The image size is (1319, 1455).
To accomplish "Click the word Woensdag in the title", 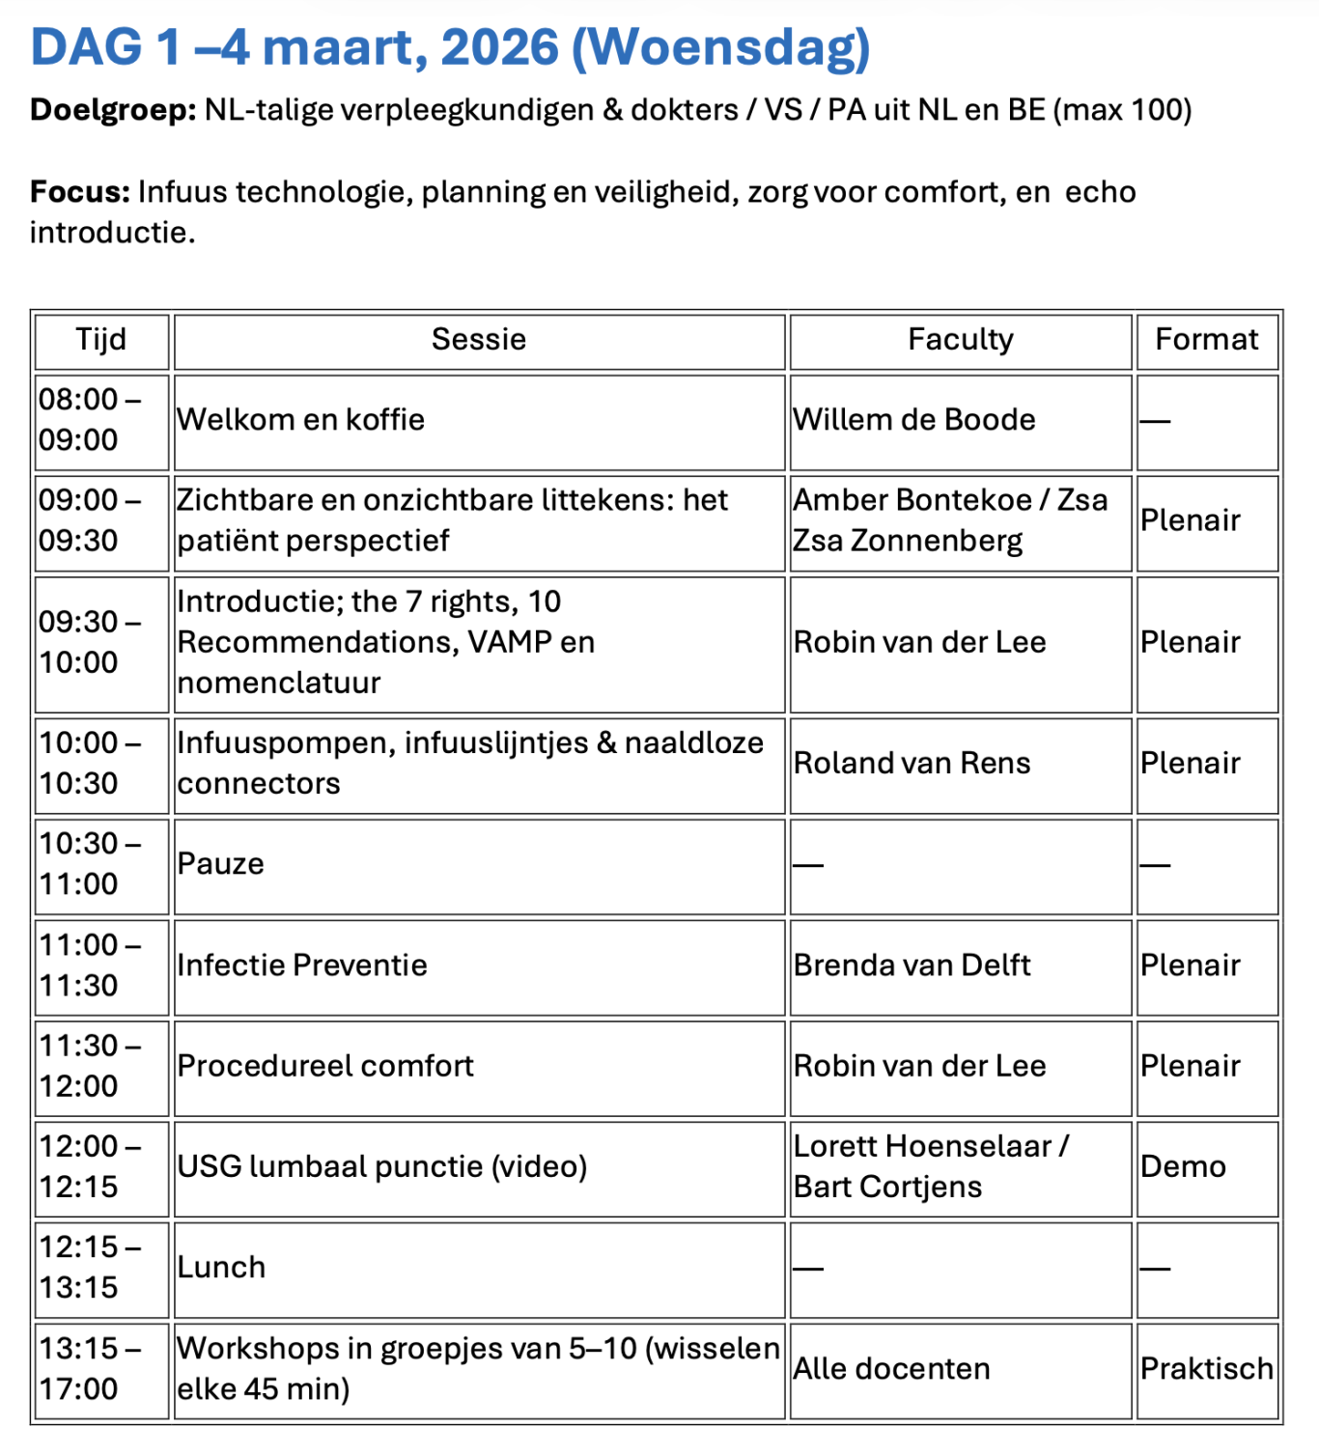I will pyautogui.click(x=721, y=47).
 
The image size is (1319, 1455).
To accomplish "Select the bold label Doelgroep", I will pyautogui.click(x=113, y=110).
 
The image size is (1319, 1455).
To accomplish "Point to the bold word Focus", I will pyautogui.click(x=79, y=192).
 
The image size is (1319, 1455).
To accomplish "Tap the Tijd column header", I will pyautogui.click(x=101, y=340).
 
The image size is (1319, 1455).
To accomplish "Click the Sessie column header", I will pyautogui.click(x=479, y=340).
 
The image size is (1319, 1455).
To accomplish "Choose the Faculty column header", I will pyautogui.click(x=961, y=340).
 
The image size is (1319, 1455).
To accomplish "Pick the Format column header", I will pyautogui.click(x=1207, y=340).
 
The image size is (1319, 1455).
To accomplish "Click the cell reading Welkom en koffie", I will pyautogui.click(x=301, y=420).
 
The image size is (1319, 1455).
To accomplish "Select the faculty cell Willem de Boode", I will pyautogui.click(x=914, y=420).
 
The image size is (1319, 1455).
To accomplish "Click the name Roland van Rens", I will pyautogui.click(x=912, y=764).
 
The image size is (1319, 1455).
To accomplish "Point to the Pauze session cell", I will pyautogui.click(x=221, y=864).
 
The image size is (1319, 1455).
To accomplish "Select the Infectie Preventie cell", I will pyautogui.click(x=302, y=965).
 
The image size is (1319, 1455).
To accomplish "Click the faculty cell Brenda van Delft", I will pyautogui.click(x=912, y=965).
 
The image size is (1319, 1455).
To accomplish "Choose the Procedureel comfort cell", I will pyautogui.click(x=326, y=1066).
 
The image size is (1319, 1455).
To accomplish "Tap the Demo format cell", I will pyautogui.click(x=1184, y=1167).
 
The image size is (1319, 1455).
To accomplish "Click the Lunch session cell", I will pyautogui.click(x=221, y=1268).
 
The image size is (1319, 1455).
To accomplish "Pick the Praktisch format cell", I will pyautogui.click(x=1207, y=1369).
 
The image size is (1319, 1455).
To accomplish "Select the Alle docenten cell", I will pyautogui.click(x=892, y=1369).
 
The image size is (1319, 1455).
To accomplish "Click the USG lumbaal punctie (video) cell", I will pyautogui.click(x=382, y=1167).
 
